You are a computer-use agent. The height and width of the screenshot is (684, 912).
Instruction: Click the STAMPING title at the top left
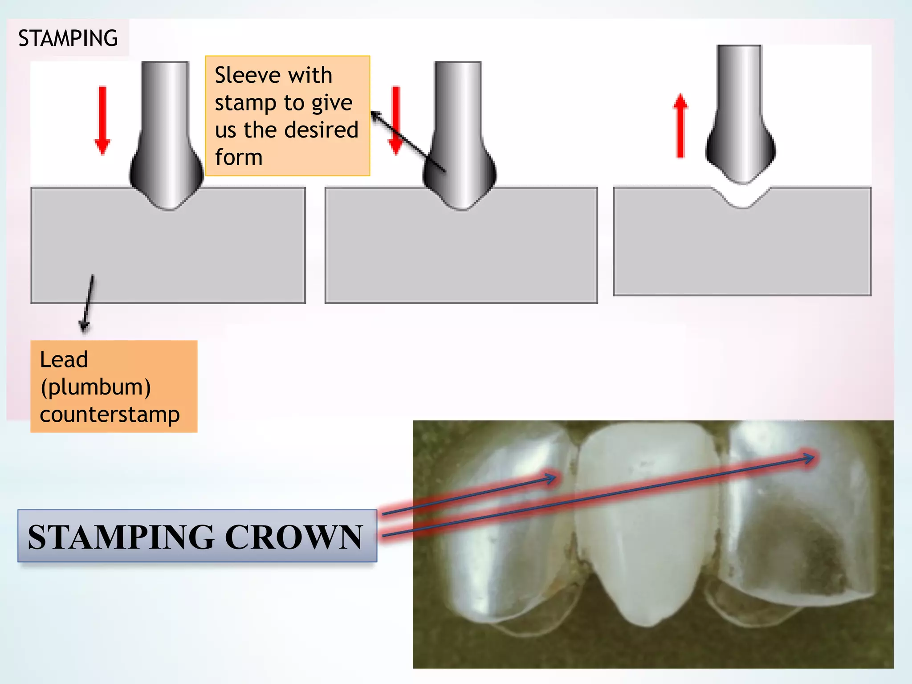point(68,38)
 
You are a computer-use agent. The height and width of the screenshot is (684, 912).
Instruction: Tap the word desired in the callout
point(321,130)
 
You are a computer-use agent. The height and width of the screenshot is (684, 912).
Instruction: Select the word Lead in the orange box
point(64,360)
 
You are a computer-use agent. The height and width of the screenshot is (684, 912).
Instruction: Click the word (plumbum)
point(95,387)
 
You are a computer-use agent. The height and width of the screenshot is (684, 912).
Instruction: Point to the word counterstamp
point(110,415)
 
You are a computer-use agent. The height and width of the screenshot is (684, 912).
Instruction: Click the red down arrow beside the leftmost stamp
point(102,120)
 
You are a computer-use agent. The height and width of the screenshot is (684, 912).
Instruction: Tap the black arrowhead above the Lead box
point(84,327)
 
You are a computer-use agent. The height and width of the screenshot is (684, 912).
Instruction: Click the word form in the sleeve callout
point(239,158)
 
